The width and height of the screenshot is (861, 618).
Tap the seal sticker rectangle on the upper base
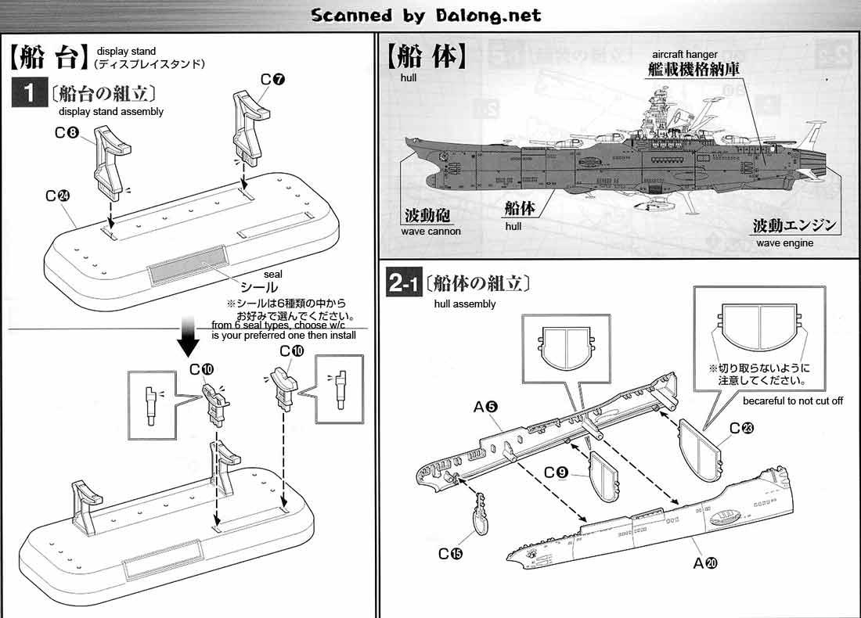(x=186, y=268)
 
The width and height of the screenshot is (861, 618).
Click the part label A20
(x=705, y=562)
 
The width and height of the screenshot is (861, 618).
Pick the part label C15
(x=451, y=554)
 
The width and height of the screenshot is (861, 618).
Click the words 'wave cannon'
(x=430, y=232)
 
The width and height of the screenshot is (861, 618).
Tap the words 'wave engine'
(x=784, y=243)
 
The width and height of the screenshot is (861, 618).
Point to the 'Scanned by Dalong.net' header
(x=426, y=15)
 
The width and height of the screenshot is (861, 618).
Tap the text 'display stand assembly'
(x=111, y=112)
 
